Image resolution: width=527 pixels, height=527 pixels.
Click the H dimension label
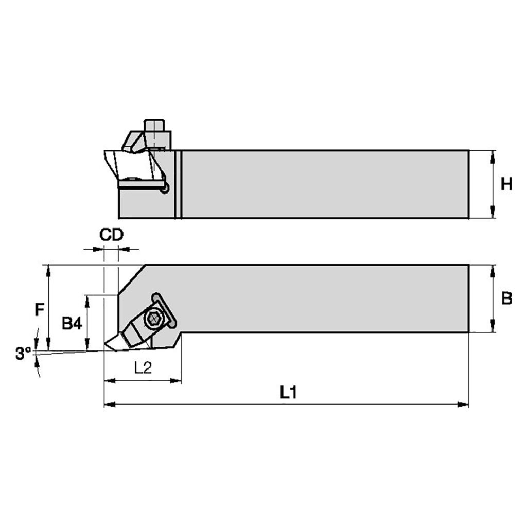point(506,184)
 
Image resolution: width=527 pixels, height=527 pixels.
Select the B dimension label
point(506,298)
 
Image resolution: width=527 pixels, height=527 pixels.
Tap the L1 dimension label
point(289,392)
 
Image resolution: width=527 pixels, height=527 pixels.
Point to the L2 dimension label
point(143,368)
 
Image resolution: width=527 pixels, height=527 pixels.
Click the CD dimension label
point(111,235)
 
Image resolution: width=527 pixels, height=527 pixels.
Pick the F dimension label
point(39,309)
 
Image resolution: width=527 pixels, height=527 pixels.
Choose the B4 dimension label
point(72,324)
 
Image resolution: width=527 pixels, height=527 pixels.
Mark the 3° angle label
point(23,354)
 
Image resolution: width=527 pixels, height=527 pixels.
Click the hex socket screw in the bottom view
point(154,318)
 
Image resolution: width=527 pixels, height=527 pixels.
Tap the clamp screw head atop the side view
point(154,127)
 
